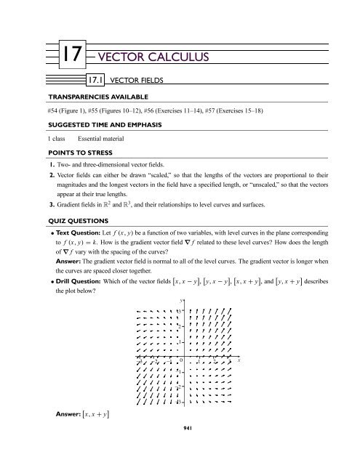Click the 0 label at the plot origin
pos(181,361)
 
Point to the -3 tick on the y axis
pos(177,401)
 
